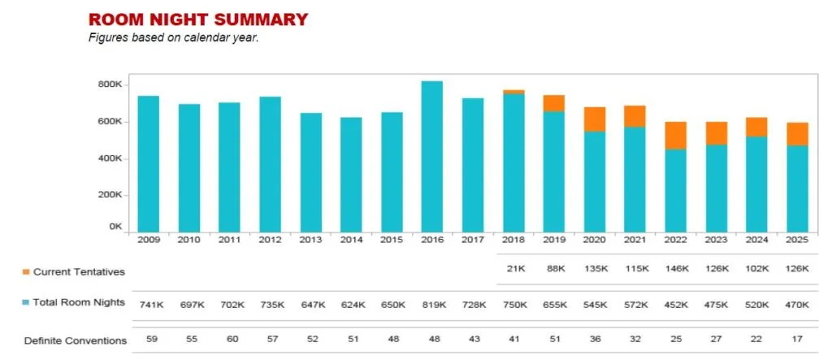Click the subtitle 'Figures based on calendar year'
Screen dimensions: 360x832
pos(173,37)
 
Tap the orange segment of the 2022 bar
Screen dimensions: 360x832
pos(675,136)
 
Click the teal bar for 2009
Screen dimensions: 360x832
pos(148,163)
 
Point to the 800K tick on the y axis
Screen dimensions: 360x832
pos(110,85)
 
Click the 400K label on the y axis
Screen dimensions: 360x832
pos(110,158)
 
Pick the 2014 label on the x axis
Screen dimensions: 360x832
pos(351,241)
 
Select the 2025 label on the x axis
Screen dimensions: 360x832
pos(796,241)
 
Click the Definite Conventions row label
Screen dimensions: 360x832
pos(76,340)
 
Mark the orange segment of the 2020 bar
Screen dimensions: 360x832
pos(594,119)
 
